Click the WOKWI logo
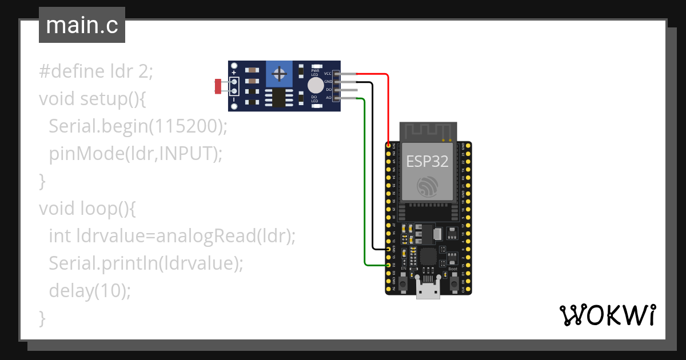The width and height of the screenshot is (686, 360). coord(607,315)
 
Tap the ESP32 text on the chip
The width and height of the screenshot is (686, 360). coord(427,161)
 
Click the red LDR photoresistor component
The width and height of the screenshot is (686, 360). coord(218,86)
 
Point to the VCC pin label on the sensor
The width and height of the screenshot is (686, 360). coord(328,74)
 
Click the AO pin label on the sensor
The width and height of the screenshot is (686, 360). coord(328,98)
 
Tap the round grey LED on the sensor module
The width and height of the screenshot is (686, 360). coord(315,86)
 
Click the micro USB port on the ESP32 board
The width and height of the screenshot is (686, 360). coord(428,292)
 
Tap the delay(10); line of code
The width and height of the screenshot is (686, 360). coord(90,291)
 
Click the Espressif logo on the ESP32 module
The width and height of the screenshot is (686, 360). coord(427,187)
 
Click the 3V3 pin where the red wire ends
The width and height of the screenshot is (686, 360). coord(389,146)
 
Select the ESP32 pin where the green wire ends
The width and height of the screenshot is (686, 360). coord(389,265)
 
